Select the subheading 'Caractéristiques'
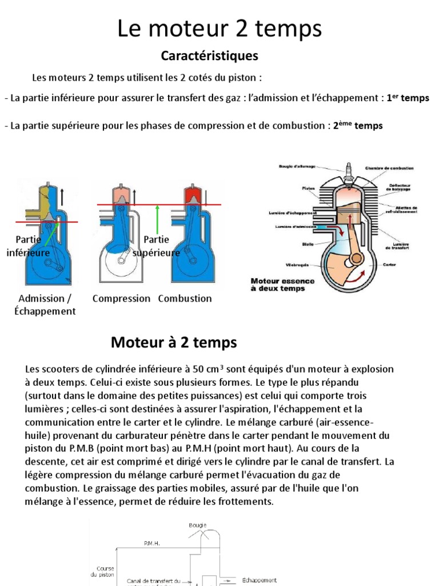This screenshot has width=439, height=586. click(x=210, y=56)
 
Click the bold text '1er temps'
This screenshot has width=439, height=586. click(x=408, y=98)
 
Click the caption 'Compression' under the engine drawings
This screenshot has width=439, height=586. click(x=121, y=299)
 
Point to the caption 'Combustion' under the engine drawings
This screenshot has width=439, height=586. click(x=185, y=299)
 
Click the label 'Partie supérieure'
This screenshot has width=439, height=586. click(x=157, y=246)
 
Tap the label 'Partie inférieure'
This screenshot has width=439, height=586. click(x=29, y=246)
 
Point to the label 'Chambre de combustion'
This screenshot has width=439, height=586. click(x=390, y=169)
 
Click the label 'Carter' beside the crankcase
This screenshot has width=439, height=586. click(x=390, y=265)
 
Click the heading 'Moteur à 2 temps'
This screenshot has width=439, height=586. click(x=173, y=343)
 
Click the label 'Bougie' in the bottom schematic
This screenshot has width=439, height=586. click(x=197, y=525)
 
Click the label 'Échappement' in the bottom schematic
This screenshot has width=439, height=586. click(x=260, y=580)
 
